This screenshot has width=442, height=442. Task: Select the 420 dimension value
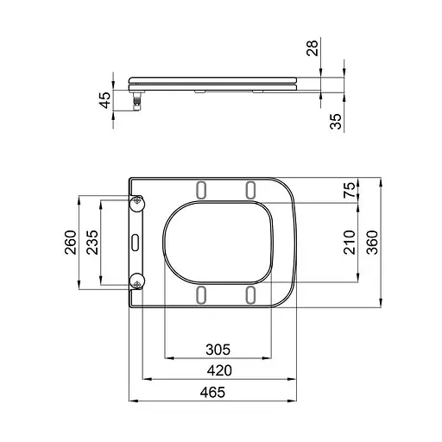point(218,370)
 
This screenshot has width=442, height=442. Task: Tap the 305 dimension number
point(218,349)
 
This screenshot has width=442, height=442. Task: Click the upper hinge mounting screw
point(136,202)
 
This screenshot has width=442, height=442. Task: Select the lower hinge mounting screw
point(136,281)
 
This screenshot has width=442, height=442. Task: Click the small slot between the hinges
point(136,242)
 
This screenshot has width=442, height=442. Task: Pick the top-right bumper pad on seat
point(250,189)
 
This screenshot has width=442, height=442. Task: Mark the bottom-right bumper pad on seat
point(250,295)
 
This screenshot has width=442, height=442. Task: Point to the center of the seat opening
point(219,242)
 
